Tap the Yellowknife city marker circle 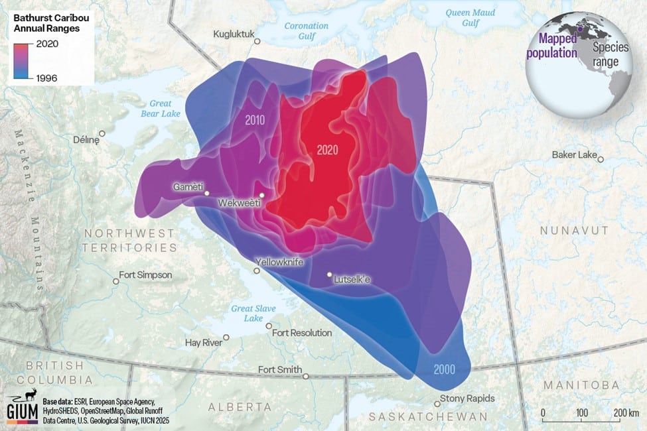[258, 271]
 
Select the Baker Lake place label [574, 154]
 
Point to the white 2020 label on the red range [327, 150]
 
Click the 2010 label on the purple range [255, 121]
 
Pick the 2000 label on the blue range [445, 369]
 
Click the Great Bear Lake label [160, 109]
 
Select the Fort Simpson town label [145, 275]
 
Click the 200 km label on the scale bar [625, 413]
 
